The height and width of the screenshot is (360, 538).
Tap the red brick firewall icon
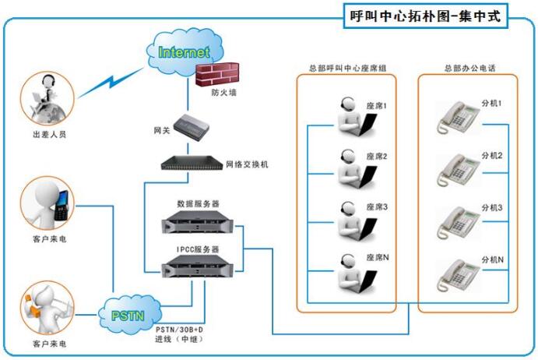(215, 75)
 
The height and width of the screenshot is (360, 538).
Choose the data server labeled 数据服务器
(192, 224)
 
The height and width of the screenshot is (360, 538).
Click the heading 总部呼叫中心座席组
(347, 69)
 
